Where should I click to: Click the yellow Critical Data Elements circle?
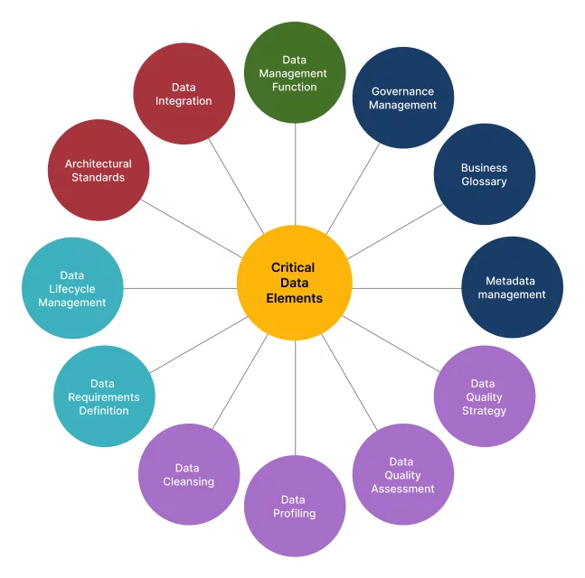[x=295, y=283]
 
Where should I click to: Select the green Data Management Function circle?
[x=295, y=73]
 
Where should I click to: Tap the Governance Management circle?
[x=403, y=98]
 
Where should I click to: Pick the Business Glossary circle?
[x=484, y=174]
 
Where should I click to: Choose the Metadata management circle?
[x=512, y=287]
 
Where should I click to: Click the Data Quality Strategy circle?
[x=485, y=396]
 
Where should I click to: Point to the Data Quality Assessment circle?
[x=402, y=475]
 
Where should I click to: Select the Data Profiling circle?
[x=295, y=507]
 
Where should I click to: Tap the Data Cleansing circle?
[x=189, y=474]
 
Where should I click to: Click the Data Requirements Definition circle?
[x=104, y=396]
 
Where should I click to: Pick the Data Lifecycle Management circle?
[x=72, y=288]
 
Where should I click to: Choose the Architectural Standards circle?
[x=99, y=171]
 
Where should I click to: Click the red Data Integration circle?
[x=184, y=94]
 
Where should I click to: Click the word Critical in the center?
[x=293, y=267]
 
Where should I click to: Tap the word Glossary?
[x=484, y=182]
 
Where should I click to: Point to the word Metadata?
[x=512, y=281]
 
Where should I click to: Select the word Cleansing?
[x=189, y=481]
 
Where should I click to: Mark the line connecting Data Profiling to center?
[x=295, y=397]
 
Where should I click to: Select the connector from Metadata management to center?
[x=407, y=288]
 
